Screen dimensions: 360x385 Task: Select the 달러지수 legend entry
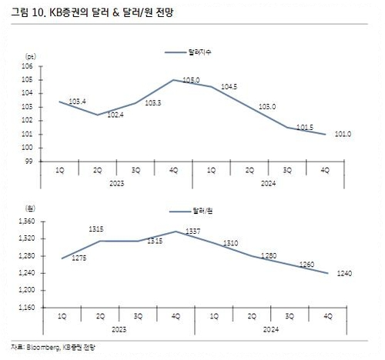tap(192, 52)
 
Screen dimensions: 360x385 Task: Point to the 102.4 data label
tap(115, 115)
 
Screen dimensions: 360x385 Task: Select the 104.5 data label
tap(229, 87)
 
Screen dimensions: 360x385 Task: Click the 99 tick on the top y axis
tap(29, 162)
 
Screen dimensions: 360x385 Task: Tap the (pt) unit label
tap(31, 57)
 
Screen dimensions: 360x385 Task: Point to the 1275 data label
tap(79, 258)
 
